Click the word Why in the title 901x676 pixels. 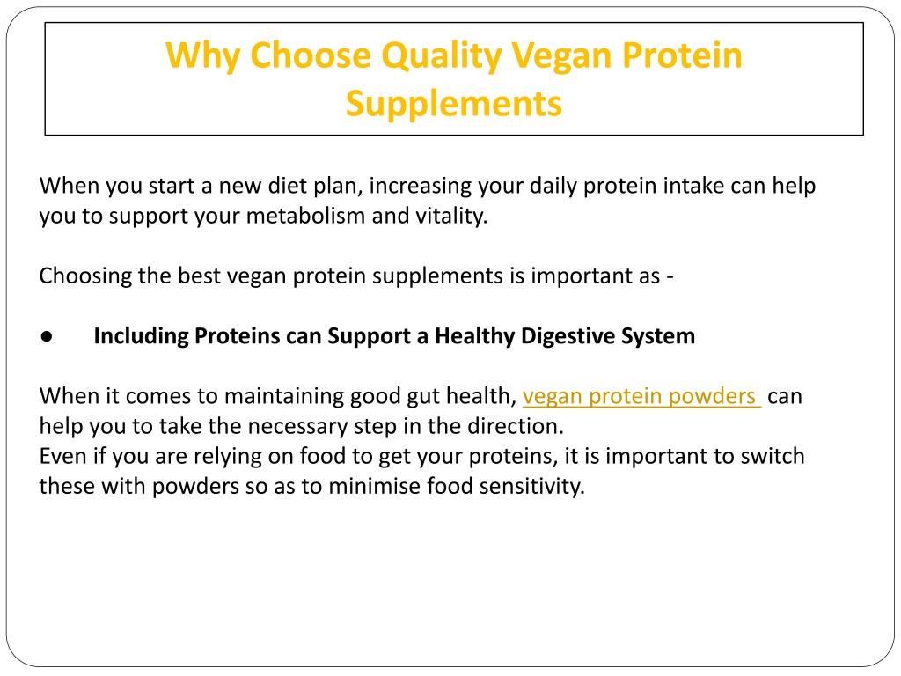(202, 56)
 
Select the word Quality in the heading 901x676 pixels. (442, 56)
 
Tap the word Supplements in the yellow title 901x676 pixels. (454, 104)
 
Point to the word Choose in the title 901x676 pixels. (311, 55)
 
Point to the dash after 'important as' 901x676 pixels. (670, 277)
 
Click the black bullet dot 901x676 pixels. (47, 336)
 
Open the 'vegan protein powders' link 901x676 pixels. (641, 397)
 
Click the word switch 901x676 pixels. (773, 457)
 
